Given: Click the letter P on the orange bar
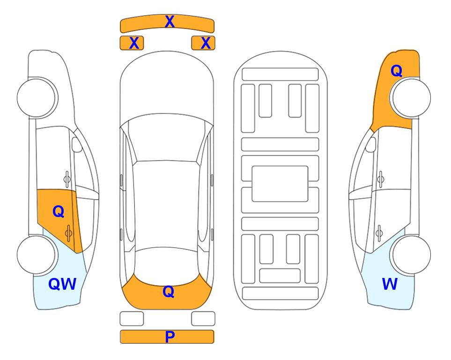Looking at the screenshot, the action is (170, 337).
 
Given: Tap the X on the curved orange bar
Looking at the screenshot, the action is (170, 21).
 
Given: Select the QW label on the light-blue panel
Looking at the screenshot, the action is (62, 284).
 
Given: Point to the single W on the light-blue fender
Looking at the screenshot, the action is (390, 284).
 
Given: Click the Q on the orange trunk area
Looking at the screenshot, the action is (169, 292).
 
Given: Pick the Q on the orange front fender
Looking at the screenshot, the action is (396, 71).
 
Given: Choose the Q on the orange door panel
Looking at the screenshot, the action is (59, 212).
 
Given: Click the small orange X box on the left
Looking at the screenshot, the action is (132, 43).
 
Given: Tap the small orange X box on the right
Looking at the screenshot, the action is (203, 43).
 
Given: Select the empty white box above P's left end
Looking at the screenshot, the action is (132, 319).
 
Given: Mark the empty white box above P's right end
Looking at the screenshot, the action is (203, 319).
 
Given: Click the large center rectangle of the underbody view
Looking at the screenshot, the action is (280, 184).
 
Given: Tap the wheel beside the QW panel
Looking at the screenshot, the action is (37, 255).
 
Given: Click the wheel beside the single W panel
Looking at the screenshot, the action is (411, 255).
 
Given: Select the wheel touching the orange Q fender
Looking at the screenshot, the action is (411, 98).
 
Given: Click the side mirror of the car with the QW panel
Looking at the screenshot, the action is (77, 144).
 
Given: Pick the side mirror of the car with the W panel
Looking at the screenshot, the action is (371, 144).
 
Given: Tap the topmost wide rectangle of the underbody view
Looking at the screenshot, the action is (280, 75).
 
